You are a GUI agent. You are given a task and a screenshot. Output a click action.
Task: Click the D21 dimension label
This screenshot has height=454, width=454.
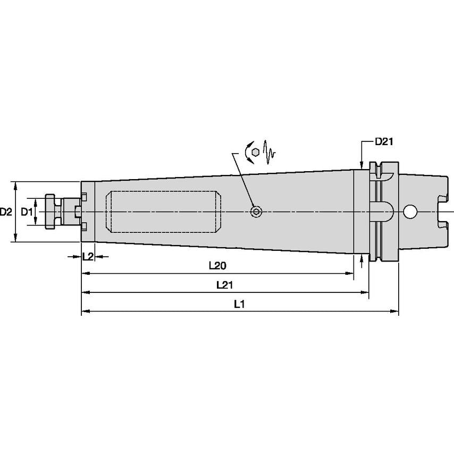click(384, 141)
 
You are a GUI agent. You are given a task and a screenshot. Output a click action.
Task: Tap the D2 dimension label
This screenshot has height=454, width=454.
click(5, 212)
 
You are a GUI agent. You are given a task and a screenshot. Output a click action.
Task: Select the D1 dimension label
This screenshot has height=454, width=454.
click(27, 212)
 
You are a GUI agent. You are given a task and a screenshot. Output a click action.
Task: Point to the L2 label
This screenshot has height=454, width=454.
click(88, 256)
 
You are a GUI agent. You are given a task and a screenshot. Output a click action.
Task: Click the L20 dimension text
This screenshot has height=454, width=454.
click(218, 265)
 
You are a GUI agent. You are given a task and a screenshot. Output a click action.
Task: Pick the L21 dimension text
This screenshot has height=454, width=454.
click(225, 285)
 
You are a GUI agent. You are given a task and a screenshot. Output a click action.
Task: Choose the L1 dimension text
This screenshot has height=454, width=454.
click(239, 304)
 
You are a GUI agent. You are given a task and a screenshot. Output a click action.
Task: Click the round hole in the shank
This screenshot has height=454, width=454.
click(410, 212)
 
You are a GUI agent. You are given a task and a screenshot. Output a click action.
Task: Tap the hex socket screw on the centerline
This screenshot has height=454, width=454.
click(256, 212)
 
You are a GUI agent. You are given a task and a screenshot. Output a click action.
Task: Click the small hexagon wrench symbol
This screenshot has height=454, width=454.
click(255, 152)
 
